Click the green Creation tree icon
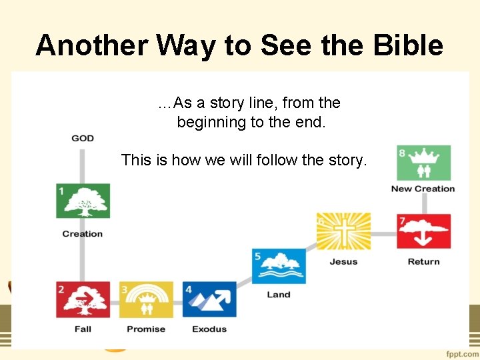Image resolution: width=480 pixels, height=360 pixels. (83, 201)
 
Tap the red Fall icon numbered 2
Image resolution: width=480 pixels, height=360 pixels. (83, 299)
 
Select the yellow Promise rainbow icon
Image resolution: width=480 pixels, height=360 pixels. (146, 299)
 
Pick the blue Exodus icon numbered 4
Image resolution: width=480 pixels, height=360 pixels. (209, 299)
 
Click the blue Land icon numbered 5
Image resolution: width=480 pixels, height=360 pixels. (279, 265)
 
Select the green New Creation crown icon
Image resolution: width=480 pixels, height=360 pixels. (423, 163)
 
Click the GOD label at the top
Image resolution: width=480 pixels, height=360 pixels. (83, 138)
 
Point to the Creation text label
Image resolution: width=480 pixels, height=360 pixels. (83, 234)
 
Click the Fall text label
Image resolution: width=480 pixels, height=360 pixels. (83, 329)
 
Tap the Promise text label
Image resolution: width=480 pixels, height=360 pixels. (146, 329)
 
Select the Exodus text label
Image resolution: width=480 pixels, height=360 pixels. (209, 329)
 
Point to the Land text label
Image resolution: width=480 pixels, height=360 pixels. (279, 295)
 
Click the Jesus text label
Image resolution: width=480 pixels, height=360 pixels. (343, 262)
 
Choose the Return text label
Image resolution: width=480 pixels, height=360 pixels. (423, 262)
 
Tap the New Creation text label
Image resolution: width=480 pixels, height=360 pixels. (423, 189)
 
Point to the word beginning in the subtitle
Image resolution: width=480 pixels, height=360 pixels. (209, 123)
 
